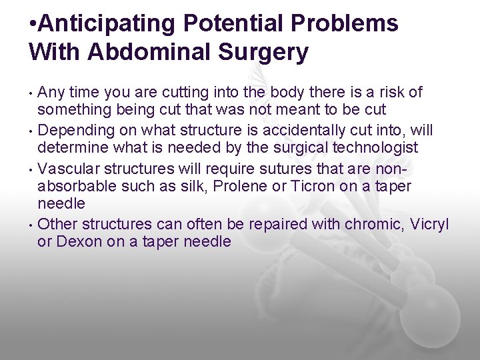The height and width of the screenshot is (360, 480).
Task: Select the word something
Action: pyautogui.click(x=74, y=109)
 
